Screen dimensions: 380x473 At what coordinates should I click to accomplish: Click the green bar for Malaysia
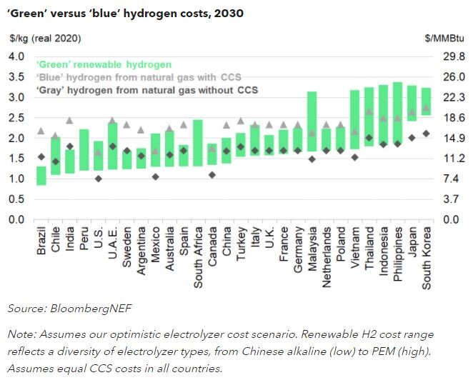click(x=312, y=121)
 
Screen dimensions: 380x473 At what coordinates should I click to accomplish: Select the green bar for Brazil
click(x=41, y=176)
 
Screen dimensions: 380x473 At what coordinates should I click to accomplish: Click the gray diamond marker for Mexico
click(x=155, y=176)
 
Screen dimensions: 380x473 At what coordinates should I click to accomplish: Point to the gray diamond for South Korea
click(x=426, y=134)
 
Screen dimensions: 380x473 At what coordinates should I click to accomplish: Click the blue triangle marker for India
click(x=69, y=121)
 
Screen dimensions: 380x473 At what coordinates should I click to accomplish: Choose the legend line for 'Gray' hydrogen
click(x=147, y=91)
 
